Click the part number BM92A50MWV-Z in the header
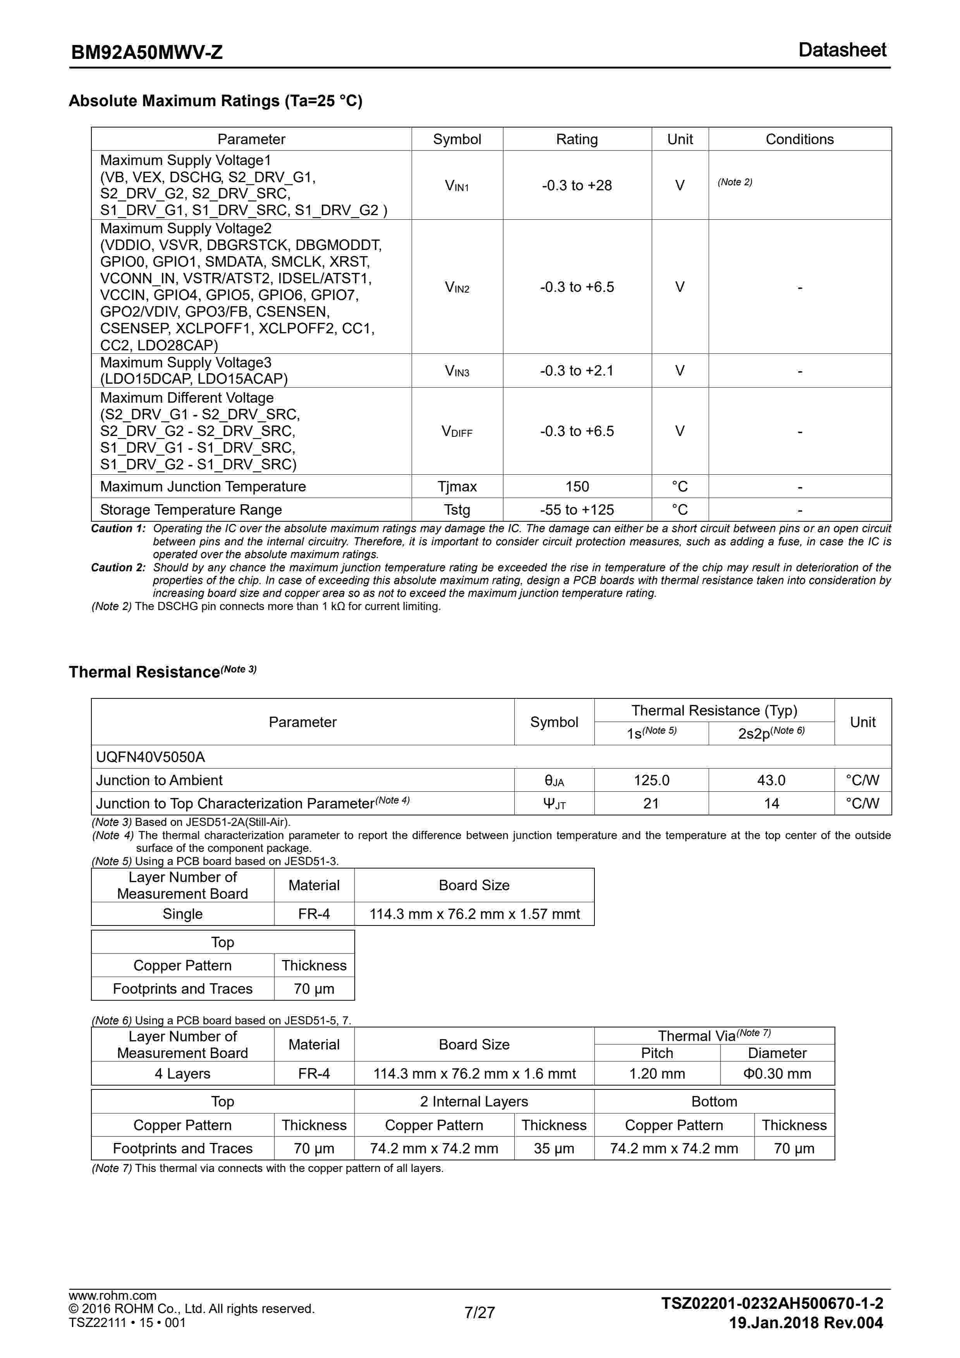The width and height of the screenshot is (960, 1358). coord(147,53)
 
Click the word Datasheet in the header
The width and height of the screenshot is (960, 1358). coord(842,50)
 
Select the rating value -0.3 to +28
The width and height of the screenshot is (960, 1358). coord(576,186)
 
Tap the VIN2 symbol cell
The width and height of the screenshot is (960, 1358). coord(457,288)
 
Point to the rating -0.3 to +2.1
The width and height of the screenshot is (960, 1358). coord(576,371)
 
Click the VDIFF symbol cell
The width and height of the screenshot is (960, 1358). coord(457,431)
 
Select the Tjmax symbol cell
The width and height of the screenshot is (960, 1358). coord(457,487)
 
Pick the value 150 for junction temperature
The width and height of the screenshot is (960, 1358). coord(576,487)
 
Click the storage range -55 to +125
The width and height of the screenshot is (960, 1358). coord(576,510)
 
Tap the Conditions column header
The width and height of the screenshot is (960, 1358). coord(799,140)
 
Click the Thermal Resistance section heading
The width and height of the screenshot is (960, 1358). coord(144,672)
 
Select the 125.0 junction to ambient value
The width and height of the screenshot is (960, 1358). coord(651,781)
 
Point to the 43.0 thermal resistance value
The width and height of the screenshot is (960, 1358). coord(771,781)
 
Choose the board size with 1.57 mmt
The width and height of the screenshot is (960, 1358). coord(474,914)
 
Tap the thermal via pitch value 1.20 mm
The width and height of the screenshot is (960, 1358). coord(657,1074)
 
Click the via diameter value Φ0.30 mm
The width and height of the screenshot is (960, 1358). coord(777,1074)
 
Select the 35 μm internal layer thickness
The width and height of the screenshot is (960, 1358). coord(553,1149)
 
